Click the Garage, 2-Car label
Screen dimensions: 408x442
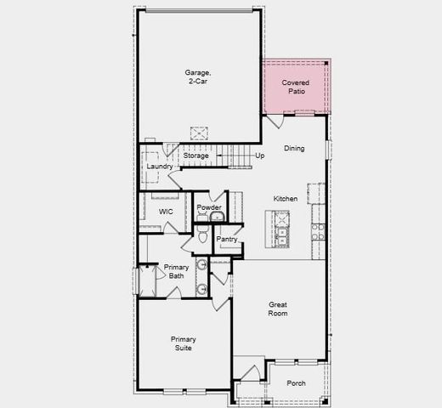tap(198, 77)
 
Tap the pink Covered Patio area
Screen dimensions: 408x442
tap(296, 87)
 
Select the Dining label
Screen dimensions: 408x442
tap(294, 149)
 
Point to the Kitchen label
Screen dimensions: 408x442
tap(286, 199)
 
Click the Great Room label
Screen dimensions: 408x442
tap(278, 309)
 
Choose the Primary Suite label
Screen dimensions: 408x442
tap(182, 343)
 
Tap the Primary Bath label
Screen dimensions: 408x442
tap(176, 271)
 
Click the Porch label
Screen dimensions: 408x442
tap(296, 383)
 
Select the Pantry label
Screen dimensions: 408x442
tap(227, 240)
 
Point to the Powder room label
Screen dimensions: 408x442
tap(209, 207)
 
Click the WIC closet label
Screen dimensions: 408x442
tap(166, 211)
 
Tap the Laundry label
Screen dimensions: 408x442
tap(160, 167)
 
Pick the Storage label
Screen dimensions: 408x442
tap(195, 156)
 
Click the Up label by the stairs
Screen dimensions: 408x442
tap(259, 156)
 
